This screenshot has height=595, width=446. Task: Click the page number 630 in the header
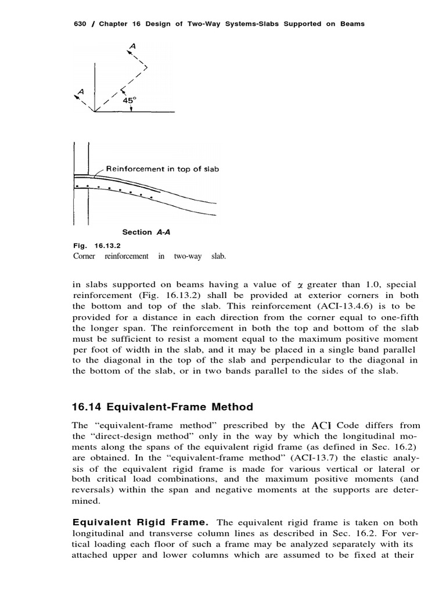(78, 24)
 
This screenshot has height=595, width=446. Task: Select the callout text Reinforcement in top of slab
(162, 169)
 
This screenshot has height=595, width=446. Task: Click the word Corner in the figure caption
(87, 256)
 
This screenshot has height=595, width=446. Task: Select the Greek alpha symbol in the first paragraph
(300, 285)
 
